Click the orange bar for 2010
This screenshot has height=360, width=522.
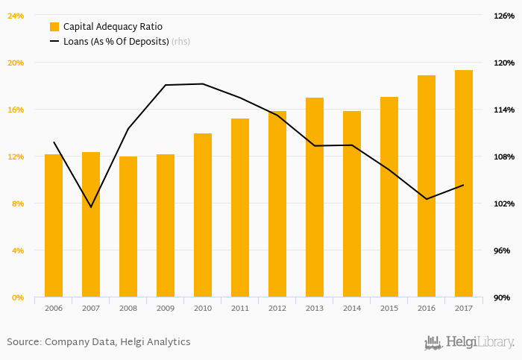(x=203, y=215)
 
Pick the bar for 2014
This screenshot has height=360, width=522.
(x=352, y=204)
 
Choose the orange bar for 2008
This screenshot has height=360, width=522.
(x=128, y=227)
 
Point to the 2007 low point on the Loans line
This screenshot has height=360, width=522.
(x=91, y=206)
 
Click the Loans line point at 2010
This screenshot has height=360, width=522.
(x=203, y=83)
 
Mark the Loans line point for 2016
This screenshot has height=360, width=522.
(x=427, y=199)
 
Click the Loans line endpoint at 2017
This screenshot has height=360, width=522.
(x=464, y=185)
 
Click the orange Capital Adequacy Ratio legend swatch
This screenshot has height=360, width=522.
(x=54, y=26)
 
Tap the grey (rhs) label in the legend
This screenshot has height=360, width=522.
(x=180, y=41)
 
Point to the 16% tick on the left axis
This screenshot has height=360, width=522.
(x=16, y=110)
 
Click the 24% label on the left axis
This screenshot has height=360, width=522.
(x=16, y=16)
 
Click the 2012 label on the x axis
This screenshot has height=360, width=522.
(x=277, y=308)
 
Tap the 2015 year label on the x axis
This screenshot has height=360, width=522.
(x=389, y=308)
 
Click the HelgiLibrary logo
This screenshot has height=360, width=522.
(x=468, y=342)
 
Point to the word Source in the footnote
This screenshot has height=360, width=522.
(x=23, y=342)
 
